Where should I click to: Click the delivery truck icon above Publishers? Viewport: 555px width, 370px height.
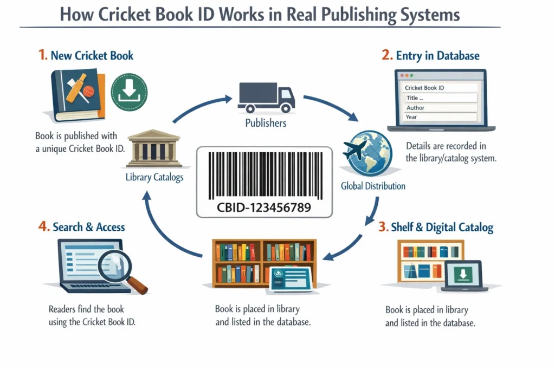(266, 98)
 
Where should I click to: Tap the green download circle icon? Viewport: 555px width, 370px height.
(129, 93)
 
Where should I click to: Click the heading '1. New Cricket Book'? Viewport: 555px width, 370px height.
(86, 55)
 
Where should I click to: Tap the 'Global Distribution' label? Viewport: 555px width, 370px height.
(373, 186)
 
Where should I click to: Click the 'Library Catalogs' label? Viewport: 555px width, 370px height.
(154, 177)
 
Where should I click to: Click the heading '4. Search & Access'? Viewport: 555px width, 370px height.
(81, 226)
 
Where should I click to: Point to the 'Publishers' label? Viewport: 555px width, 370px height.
(266, 123)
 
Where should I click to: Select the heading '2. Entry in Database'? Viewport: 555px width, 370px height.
(430, 55)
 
